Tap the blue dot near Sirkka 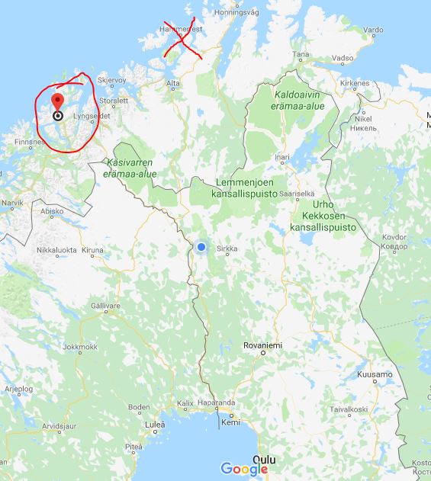click(x=201, y=247)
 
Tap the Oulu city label click(x=265, y=460)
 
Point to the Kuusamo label click(x=374, y=375)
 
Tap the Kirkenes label click(x=354, y=83)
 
